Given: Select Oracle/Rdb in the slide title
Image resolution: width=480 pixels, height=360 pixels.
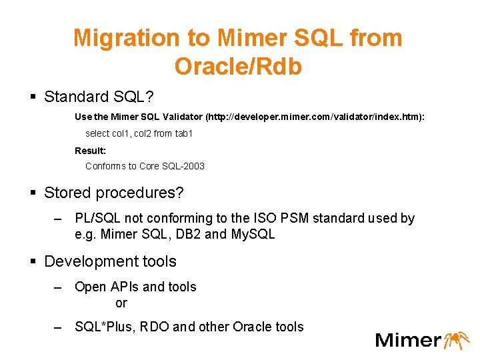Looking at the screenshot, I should coord(238,66).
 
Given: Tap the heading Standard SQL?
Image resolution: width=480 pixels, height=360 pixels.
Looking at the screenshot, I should coord(99,97).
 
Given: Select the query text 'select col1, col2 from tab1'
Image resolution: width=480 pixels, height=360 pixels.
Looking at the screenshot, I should coord(139,133).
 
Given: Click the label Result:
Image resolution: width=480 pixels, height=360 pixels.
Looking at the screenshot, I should coord(90,151).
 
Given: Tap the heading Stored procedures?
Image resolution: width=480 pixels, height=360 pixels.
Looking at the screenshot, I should coord(113,193).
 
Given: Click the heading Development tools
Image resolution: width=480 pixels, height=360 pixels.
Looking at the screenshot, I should coord(110,261).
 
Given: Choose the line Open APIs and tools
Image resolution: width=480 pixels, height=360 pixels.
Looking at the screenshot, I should coord(135,287).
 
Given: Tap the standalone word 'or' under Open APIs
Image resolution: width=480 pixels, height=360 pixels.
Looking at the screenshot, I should coord(121,303).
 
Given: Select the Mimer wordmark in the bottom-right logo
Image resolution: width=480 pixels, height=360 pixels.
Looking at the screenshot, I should coord(408,340).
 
